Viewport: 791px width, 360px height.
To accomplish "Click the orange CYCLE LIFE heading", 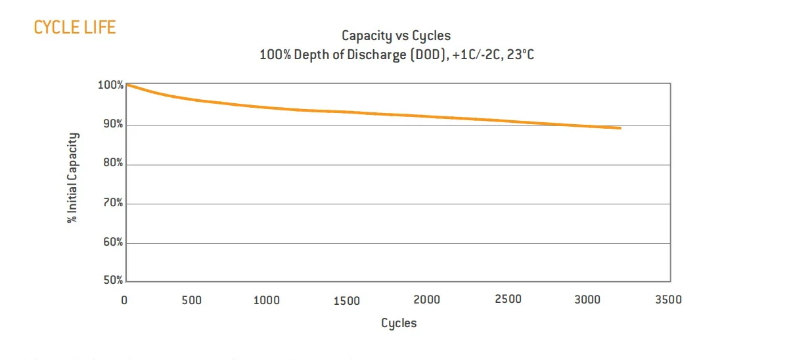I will [x=74, y=27].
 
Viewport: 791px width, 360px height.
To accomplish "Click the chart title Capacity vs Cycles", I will [x=396, y=35].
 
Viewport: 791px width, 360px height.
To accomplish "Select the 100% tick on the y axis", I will [x=110, y=85].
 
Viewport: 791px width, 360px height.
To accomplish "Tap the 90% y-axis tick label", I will [x=112, y=125].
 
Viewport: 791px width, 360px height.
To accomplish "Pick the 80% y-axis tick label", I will [x=112, y=164].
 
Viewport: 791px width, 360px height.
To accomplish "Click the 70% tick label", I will [x=112, y=203].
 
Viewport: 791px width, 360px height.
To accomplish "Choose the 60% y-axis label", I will [x=112, y=242].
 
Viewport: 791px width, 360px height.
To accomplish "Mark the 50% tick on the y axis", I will [x=112, y=281].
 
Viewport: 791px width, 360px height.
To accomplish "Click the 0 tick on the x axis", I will [x=124, y=301].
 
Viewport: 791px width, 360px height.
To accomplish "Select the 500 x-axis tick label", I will [x=192, y=301].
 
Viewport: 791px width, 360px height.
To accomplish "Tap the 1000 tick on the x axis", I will [x=266, y=301].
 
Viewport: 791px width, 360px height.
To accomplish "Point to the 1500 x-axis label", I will [x=346, y=301].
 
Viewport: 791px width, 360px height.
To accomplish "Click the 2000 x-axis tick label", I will [x=426, y=300].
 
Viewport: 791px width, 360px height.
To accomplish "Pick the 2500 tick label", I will [x=508, y=300].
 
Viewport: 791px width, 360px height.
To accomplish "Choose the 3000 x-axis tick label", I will [x=588, y=300].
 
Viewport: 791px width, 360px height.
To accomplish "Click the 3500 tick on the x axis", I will [x=668, y=300].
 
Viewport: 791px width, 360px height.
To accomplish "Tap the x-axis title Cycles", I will [x=399, y=323].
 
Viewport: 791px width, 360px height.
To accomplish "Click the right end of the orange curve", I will [x=620, y=128].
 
